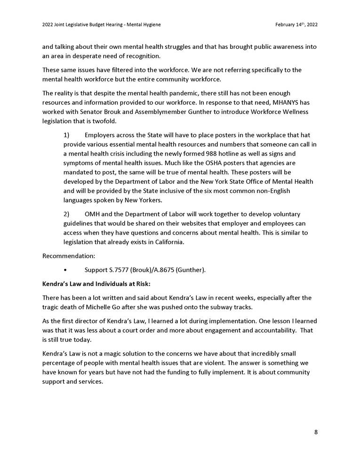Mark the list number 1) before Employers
66,135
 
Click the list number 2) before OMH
66,214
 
